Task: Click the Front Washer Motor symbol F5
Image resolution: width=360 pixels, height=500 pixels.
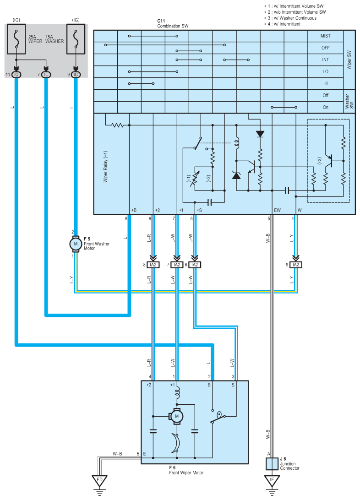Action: pyautogui.click(x=76, y=244)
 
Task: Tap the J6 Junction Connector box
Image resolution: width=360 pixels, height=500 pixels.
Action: pyautogui.click(x=272, y=464)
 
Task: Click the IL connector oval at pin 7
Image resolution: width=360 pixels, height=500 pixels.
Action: pyautogui.click(x=46, y=75)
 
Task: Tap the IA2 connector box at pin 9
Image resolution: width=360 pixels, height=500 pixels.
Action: pyautogui.click(x=295, y=265)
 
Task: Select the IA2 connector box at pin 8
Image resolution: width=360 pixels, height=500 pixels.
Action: pyautogui.click(x=153, y=265)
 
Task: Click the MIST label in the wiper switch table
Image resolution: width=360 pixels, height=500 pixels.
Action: pyautogui.click(x=325, y=36)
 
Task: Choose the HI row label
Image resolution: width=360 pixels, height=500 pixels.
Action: pyautogui.click(x=325, y=83)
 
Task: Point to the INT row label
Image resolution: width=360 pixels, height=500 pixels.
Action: pyautogui.click(x=325, y=60)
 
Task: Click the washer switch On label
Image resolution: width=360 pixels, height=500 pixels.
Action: pyautogui.click(x=325, y=107)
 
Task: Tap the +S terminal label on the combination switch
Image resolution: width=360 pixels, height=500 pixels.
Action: pyautogui.click(x=199, y=210)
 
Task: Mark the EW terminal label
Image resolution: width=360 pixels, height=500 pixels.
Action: pyautogui.click(x=278, y=210)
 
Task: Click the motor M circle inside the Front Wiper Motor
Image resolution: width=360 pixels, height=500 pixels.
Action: pyautogui.click(x=177, y=416)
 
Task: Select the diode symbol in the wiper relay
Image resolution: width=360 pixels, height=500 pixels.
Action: pyautogui.click(x=260, y=134)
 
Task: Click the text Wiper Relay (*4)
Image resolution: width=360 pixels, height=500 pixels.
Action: pyautogui.click(x=105, y=167)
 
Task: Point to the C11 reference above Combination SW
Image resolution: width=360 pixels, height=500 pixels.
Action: pyautogui.click(x=161, y=21)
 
